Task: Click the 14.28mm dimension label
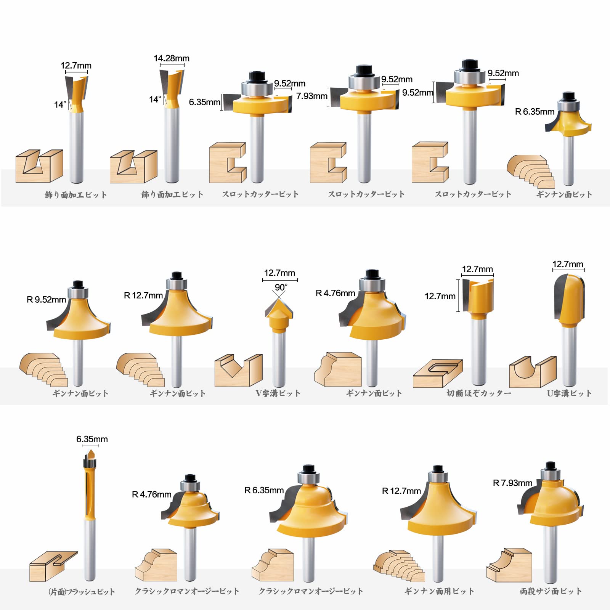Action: (172, 58)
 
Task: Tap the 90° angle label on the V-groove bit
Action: (281, 287)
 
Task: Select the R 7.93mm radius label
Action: (512, 483)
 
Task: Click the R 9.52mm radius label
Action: (46, 300)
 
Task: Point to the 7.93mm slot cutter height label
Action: (312, 96)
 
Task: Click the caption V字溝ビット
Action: (278, 393)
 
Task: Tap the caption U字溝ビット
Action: (569, 393)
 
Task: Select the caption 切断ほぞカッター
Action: (479, 393)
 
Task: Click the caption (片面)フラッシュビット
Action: (82, 592)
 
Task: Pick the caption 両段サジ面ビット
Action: (551, 591)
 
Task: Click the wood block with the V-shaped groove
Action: (239, 370)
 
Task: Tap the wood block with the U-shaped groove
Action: (533, 372)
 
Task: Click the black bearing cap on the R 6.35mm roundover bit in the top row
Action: (569, 96)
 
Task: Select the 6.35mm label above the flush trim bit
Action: (92, 439)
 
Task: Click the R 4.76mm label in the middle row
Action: (335, 293)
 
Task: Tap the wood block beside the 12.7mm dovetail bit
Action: (39, 166)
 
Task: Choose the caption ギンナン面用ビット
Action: (439, 591)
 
